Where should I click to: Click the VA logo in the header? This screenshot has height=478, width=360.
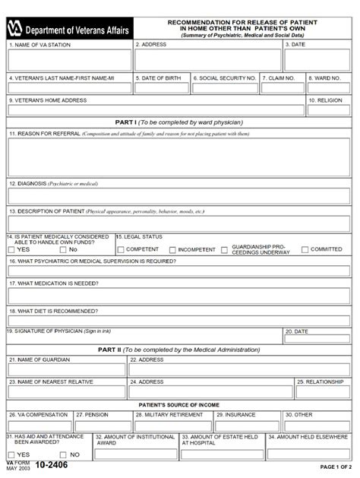pos(17,30)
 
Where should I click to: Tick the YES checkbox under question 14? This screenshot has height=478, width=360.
pos(11,249)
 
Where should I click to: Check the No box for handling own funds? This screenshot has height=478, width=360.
pos(63,249)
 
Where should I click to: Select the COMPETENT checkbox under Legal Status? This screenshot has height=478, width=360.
pos(120,249)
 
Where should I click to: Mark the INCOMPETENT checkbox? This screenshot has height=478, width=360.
pos(173,249)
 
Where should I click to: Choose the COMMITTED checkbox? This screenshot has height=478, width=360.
pos(305,249)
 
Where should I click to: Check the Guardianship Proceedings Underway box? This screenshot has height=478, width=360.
pos(226,249)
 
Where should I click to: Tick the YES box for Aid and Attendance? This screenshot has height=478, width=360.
pos(11,454)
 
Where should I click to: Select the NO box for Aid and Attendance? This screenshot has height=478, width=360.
pos(63,454)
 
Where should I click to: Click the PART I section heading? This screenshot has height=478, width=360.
pos(180,122)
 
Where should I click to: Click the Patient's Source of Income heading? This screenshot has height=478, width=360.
pos(180,405)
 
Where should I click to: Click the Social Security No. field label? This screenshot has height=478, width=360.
pos(225,78)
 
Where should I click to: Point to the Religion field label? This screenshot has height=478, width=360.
pos(329,100)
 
